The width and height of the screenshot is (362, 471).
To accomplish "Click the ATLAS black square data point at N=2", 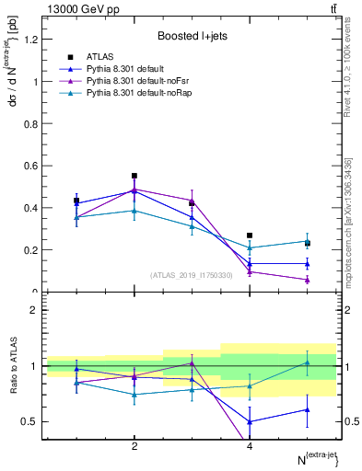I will [134, 176].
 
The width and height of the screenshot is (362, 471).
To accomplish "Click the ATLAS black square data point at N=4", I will [250, 235].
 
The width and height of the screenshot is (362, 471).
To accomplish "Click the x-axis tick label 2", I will [134, 447].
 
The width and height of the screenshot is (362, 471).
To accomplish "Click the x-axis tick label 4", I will [250, 447].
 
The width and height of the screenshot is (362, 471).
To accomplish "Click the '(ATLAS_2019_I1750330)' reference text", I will [192, 274].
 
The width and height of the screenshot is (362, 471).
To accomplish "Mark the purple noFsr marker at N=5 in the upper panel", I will [308, 280].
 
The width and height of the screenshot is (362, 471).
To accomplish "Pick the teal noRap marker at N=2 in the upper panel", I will [134, 211].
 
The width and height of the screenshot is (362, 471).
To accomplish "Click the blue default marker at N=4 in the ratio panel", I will [250, 421].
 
